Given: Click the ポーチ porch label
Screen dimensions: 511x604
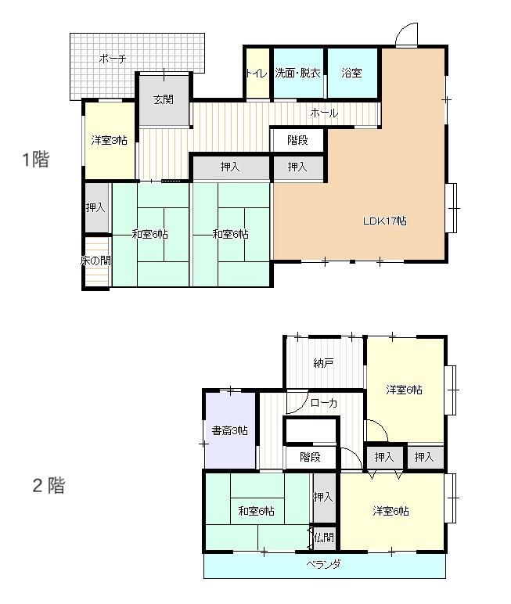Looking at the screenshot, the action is [x=113, y=59].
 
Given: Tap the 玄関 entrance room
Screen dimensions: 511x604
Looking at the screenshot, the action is [x=164, y=100].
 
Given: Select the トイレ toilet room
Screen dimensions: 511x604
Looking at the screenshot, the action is [x=257, y=73].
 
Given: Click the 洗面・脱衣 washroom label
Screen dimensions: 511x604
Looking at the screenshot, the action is [x=298, y=73].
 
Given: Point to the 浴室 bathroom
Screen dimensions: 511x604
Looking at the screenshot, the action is [x=352, y=73].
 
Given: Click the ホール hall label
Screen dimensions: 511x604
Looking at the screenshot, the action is [x=324, y=113].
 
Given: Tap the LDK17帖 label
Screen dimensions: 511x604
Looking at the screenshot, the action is [x=385, y=221].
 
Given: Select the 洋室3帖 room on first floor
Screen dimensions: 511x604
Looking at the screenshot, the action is [x=110, y=140].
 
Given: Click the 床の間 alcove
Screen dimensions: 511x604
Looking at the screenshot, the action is [x=96, y=261].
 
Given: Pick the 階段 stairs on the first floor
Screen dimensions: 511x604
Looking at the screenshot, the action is [x=297, y=140].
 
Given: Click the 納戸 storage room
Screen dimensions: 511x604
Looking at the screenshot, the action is [x=324, y=363].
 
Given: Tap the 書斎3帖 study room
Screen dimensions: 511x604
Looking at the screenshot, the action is [x=230, y=430].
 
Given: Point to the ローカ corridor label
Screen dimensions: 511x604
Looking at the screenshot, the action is [x=324, y=403].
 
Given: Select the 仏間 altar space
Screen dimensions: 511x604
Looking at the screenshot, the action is [x=324, y=537].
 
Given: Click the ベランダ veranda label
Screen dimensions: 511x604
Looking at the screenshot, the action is [x=324, y=564].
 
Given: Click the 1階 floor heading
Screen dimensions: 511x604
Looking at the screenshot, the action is [x=36, y=159].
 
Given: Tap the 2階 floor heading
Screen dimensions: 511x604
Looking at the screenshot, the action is [x=49, y=485].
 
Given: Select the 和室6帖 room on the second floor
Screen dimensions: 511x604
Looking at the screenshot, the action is [x=257, y=511].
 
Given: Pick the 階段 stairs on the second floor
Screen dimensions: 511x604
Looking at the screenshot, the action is [x=310, y=457].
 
